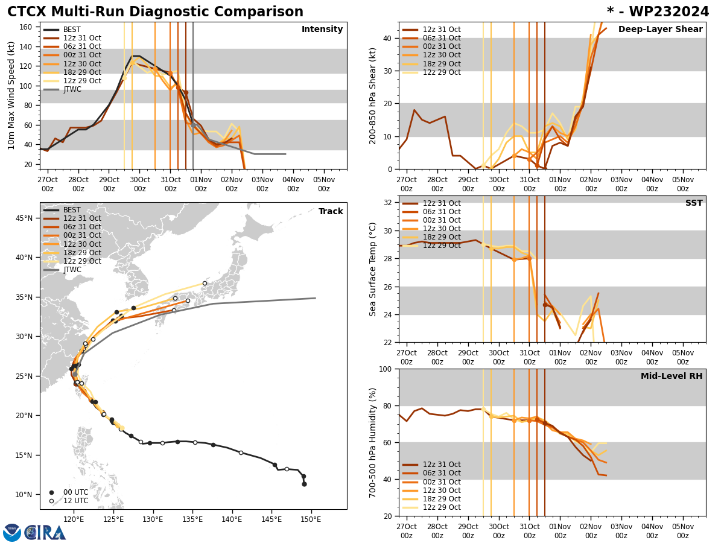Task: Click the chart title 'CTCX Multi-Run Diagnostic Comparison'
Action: [x=155, y=12]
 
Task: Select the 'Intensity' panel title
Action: [x=322, y=30]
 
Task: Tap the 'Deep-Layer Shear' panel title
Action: [x=660, y=30]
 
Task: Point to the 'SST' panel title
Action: [x=694, y=203]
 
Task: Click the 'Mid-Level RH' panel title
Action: [x=672, y=376]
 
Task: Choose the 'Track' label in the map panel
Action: [x=331, y=212]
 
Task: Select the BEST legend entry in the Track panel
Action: [x=72, y=210]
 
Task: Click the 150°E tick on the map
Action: [x=311, y=519]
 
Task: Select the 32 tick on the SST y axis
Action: [x=389, y=203]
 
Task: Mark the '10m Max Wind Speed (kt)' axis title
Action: [x=11, y=95]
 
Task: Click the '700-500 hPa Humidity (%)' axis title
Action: [x=373, y=442]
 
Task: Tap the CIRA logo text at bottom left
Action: [x=45, y=533]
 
